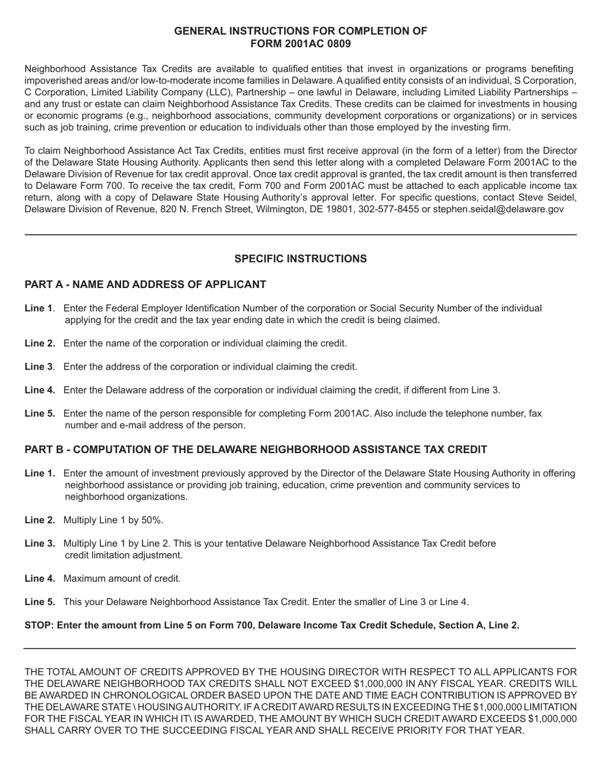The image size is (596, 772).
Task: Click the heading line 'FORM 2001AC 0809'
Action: tap(301, 43)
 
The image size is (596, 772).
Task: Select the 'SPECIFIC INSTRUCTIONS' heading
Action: tap(301, 259)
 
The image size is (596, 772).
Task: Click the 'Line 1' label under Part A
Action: tap(38, 308)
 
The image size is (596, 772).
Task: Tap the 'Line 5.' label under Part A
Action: tap(40, 414)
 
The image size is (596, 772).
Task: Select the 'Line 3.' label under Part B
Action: tap(40, 544)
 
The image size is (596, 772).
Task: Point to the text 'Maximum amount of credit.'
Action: tap(122, 579)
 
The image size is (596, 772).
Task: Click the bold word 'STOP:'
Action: tap(39, 625)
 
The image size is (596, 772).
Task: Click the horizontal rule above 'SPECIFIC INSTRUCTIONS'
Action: tap(301, 235)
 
